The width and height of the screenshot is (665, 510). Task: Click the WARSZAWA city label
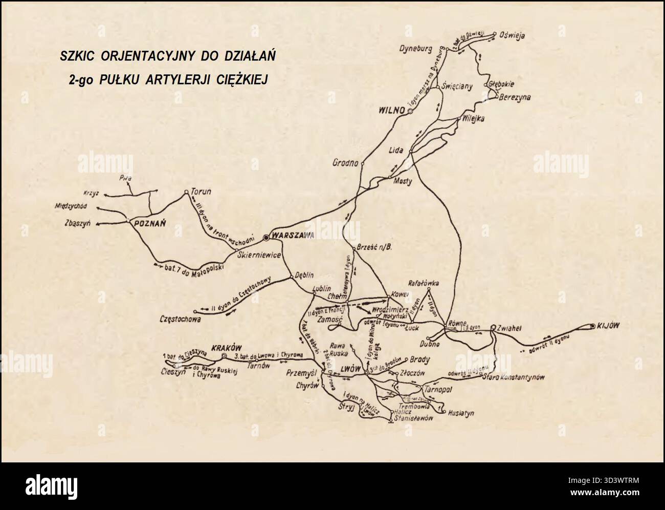(x=293, y=236)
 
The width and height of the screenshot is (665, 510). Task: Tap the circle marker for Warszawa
(x=266, y=238)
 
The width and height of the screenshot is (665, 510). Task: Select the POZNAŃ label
(x=148, y=223)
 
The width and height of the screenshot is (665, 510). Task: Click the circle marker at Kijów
(x=592, y=326)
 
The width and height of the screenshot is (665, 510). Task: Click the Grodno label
(x=344, y=164)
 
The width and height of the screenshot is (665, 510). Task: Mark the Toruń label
(x=201, y=192)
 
